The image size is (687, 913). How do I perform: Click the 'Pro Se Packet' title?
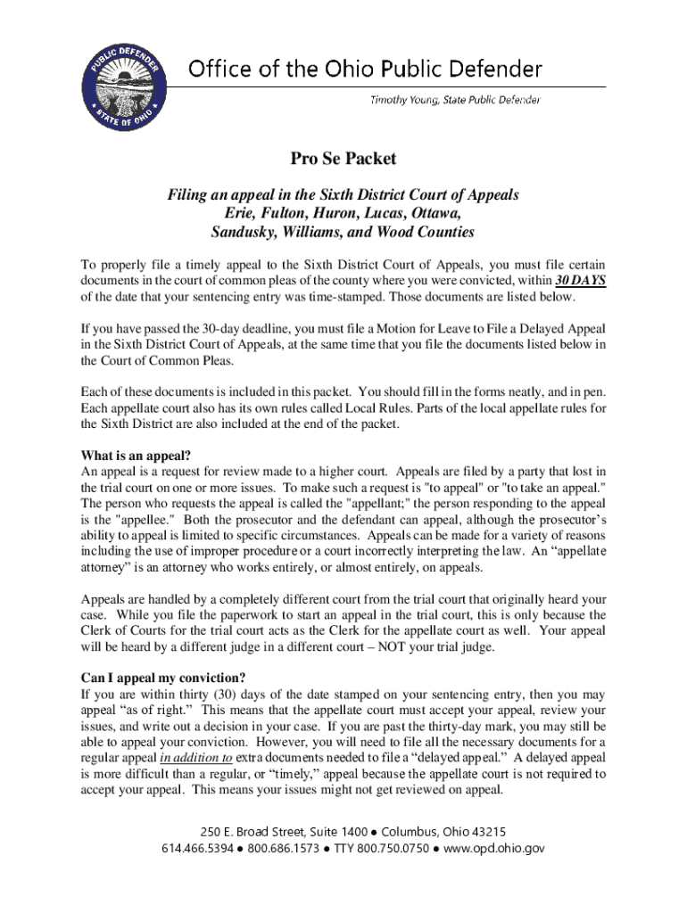pyautogui.click(x=343, y=160)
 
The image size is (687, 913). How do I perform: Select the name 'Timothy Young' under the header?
pyautogui.click(x=402, y=99)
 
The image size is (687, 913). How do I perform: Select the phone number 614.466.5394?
pyautogui.click(x=193, y=849)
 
